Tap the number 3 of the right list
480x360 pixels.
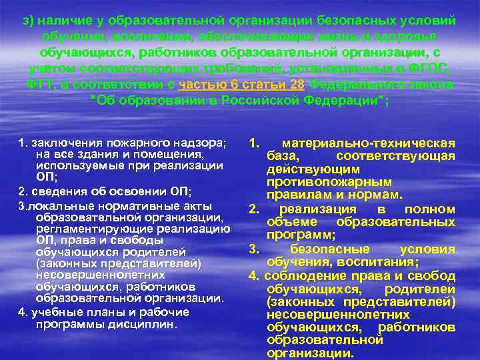(x=253, y=249)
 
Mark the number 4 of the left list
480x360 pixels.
(x=22, y=312)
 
